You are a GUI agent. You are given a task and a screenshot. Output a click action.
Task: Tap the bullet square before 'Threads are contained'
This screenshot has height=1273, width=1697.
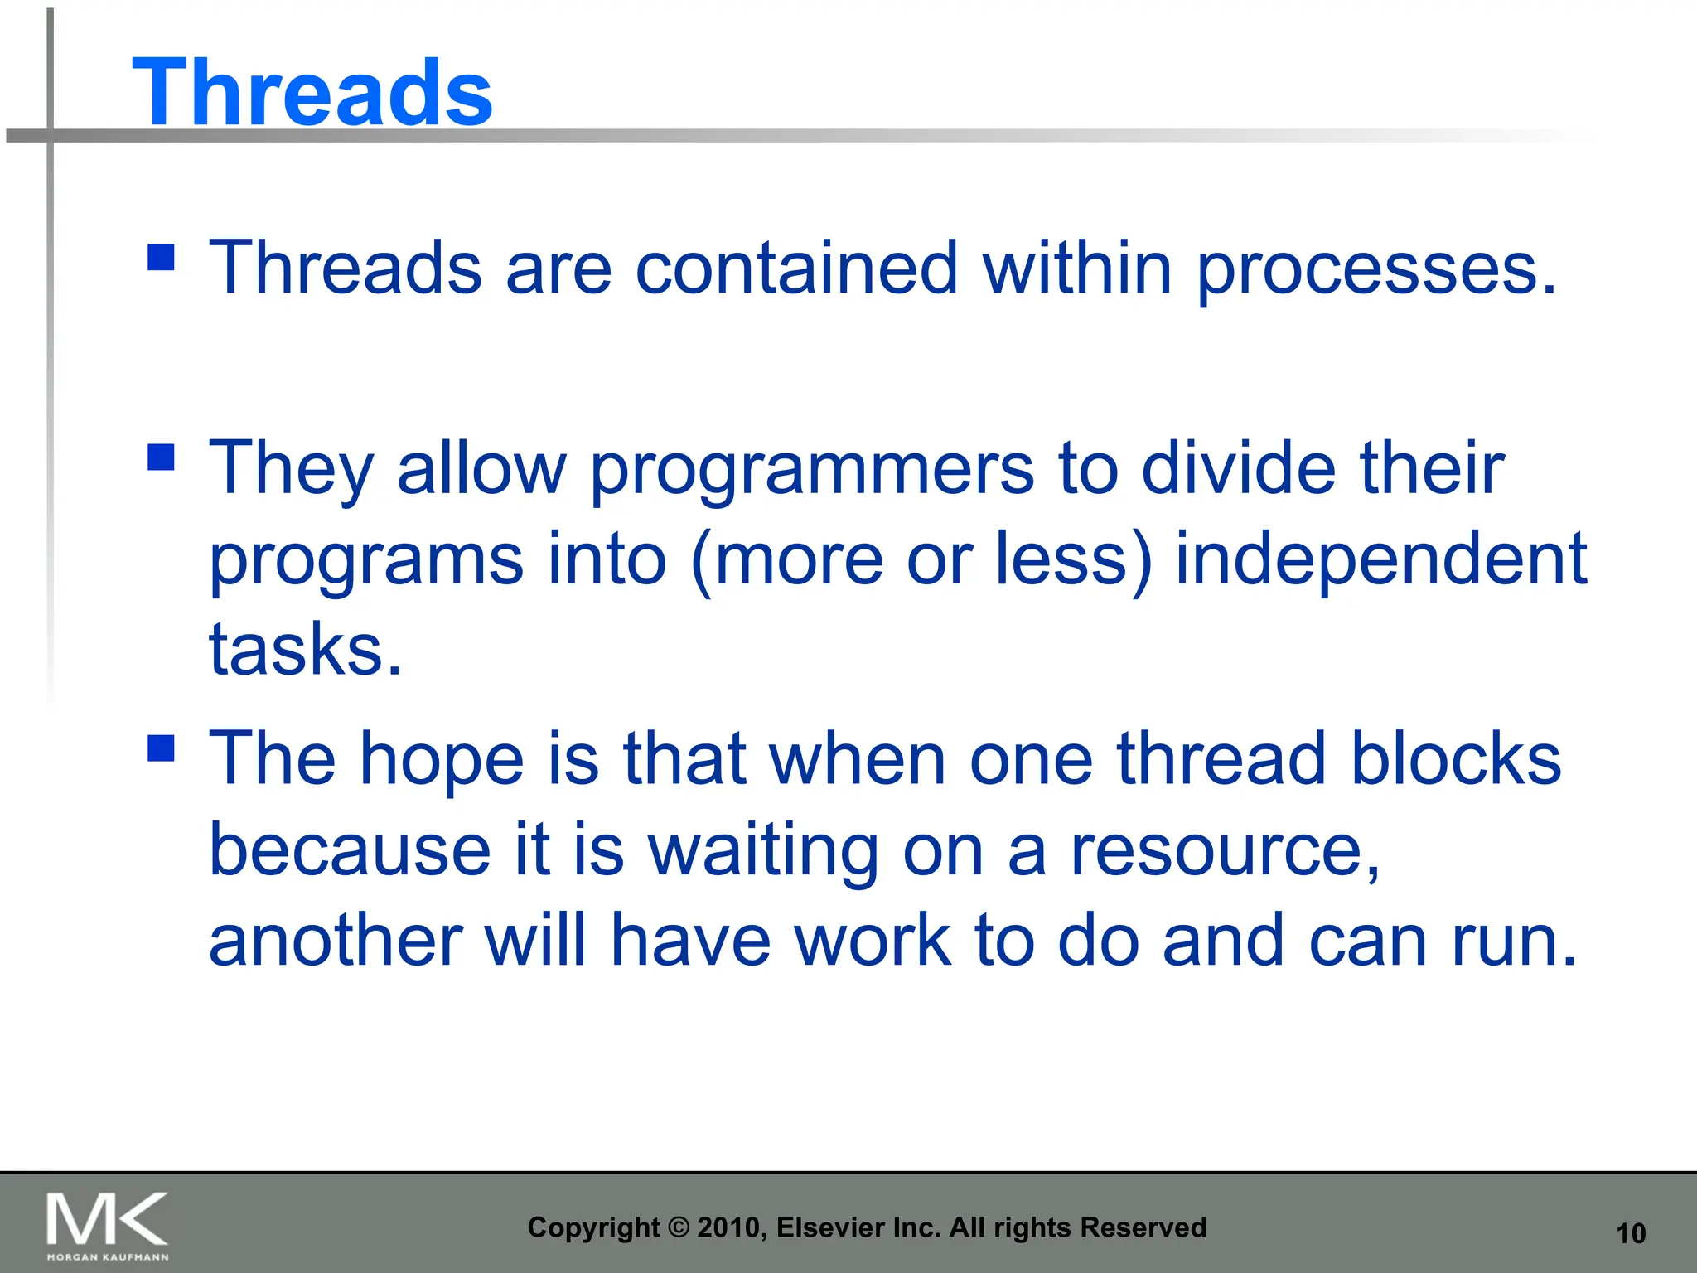click(161, 257)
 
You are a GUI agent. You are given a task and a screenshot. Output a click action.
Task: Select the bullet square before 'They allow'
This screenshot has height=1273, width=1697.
click(161, 457)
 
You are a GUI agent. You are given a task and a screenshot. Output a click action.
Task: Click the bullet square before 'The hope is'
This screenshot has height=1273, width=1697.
click(161, 748)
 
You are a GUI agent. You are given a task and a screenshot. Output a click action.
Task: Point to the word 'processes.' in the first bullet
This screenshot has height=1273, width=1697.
click(1376, 269)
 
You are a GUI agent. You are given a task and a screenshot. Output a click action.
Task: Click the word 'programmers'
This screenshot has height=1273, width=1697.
click(812, 469)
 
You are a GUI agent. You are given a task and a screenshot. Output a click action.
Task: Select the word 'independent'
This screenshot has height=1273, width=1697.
click(1380, 559)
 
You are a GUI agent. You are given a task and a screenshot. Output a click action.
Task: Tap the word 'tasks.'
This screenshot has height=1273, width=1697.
click(305, 649)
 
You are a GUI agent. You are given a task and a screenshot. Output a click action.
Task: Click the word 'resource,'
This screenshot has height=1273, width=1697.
click(1226, 851)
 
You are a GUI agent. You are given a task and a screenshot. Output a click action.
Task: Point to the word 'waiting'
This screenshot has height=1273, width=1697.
click(763, 851)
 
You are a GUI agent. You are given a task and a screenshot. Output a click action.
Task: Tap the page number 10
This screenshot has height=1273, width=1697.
click(1631, 1234)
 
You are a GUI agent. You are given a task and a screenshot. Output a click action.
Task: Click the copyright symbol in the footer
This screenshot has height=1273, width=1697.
click(679, 1227)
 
